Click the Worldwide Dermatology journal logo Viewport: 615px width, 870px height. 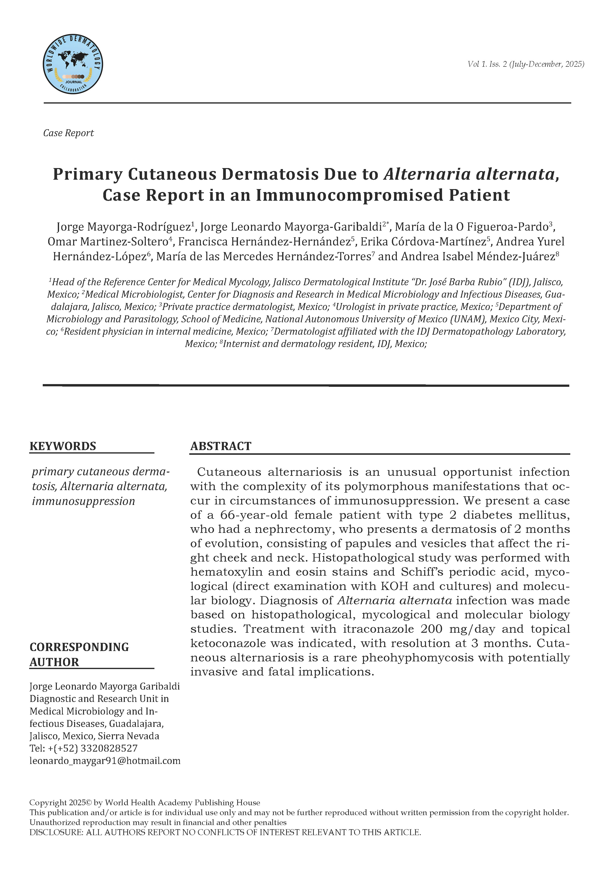pyautogui.click(x=73, y=64)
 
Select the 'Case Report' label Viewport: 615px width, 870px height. pyautogui.click(x=68, y=133)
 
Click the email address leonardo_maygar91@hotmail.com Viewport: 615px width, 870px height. pyautogui.click(x=105, y=761)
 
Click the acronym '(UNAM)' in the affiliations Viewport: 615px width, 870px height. pyautogui.click(x=469, y=319)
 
